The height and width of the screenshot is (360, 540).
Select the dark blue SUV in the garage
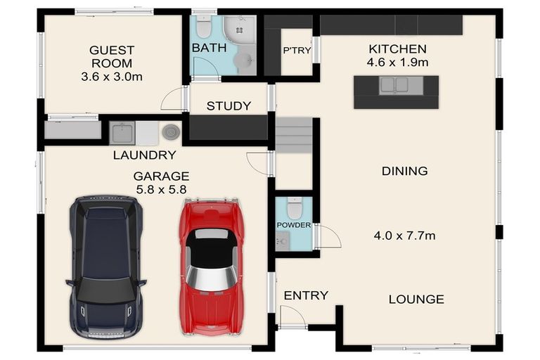[106, 267]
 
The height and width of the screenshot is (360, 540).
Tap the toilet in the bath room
[204, 27]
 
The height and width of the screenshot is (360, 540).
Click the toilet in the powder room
[295, 208]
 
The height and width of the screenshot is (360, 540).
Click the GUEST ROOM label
[112, 57]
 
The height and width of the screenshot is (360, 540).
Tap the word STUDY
[229, 105]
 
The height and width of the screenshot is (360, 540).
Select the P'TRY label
[297, 51]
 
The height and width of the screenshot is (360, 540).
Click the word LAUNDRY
[145, 155]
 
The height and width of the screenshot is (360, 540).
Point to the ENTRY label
[306, 295]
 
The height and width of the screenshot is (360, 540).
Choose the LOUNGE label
[416, 299]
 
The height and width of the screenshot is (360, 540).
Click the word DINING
[405, 171]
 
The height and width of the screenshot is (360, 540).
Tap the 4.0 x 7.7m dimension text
[405, 236]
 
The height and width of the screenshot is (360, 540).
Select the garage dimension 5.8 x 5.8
[161, 189]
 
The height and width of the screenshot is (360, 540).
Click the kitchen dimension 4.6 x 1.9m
[397, 63]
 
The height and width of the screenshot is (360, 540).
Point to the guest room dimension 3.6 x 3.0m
[112, 77]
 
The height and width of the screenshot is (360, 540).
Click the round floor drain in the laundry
[171, 132]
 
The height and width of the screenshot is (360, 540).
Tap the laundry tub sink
[122, 133]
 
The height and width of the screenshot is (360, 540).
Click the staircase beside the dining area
[294, 136]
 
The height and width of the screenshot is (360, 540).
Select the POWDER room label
[294, 225]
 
